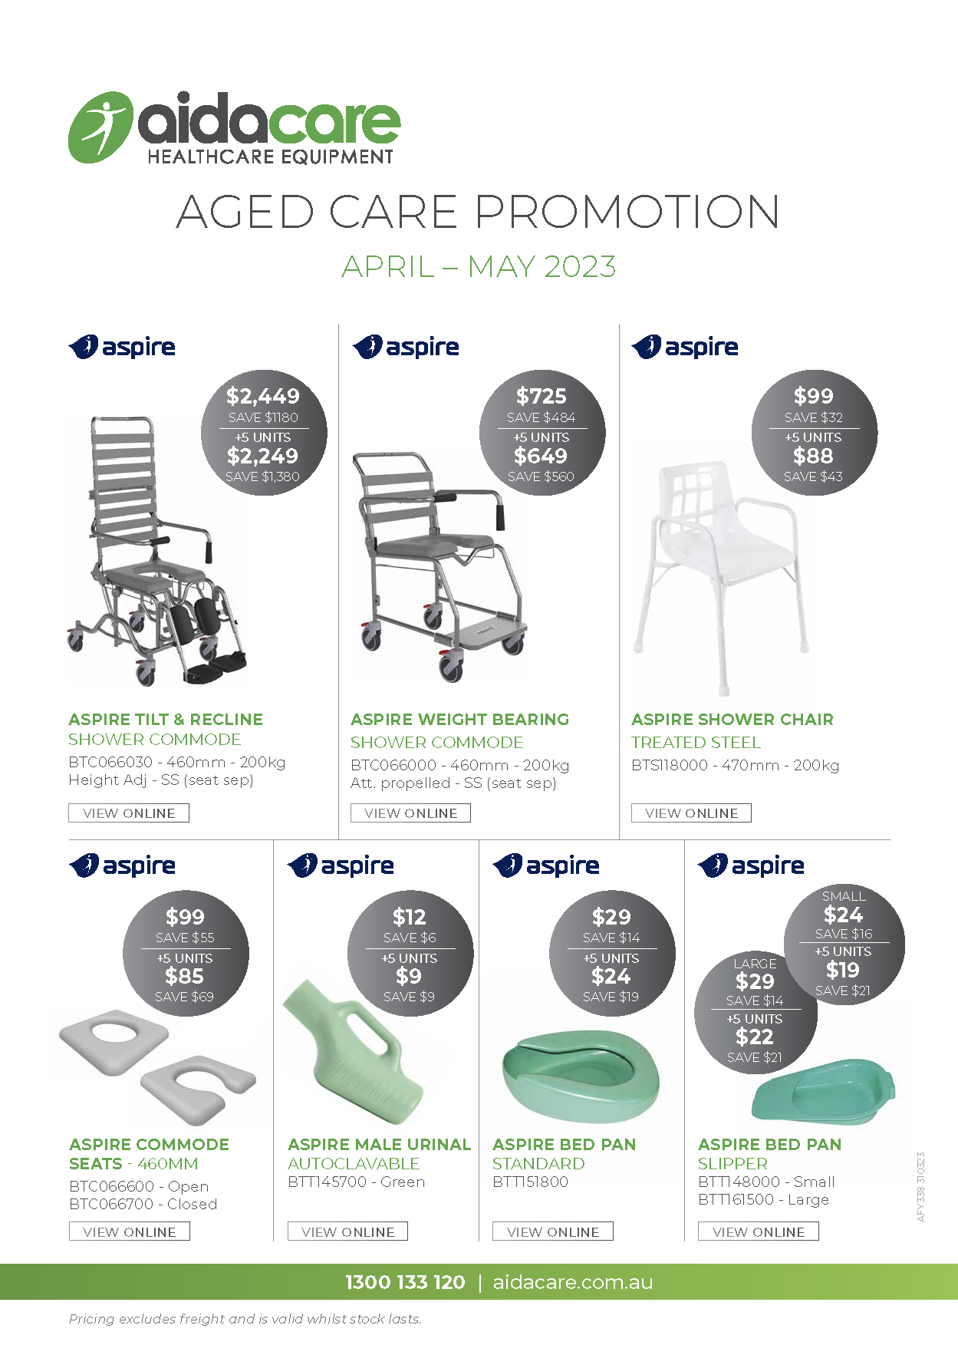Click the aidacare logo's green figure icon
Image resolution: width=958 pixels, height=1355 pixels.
(x=100, y=127)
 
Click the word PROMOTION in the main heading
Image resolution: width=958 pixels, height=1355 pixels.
(x=627, y=212)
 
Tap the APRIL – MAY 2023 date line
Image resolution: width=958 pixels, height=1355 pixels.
(x=479, y=267)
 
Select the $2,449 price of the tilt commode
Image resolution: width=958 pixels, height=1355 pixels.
(x=263, y=397)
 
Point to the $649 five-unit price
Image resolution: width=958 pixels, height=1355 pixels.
(x=541, y=456)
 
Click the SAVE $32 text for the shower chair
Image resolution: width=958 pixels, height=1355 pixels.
(x=813, y=417)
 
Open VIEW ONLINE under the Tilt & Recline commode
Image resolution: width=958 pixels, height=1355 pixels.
(x=129, y=813)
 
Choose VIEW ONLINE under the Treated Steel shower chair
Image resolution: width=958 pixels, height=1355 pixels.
(x=691, y=813)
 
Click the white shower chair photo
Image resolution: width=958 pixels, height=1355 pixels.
(x=721, y=568)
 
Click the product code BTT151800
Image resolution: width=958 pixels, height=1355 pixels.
(x=530, y=1182)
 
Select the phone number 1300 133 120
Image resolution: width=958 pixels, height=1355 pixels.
(x=405, y=1282)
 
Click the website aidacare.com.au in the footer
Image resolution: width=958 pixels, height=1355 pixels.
(x=572, y=1282)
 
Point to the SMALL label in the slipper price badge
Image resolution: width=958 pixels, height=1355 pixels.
(x=844, y=896)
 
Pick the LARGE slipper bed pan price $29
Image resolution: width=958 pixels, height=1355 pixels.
(x=755, y=981)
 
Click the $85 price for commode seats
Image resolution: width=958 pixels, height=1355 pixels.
(x=185, y=976)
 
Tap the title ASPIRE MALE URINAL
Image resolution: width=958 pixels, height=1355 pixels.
(x=379, y=1144)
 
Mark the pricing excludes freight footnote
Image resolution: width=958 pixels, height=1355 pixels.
(x=245, y=1319)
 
